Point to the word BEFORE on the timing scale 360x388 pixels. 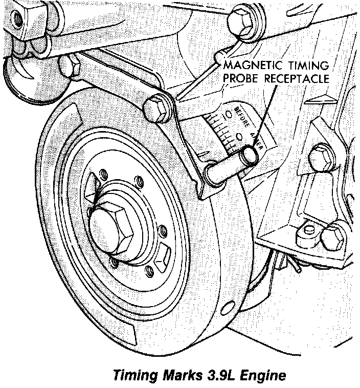pos(242,118)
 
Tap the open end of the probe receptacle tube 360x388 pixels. pos(249,154)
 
